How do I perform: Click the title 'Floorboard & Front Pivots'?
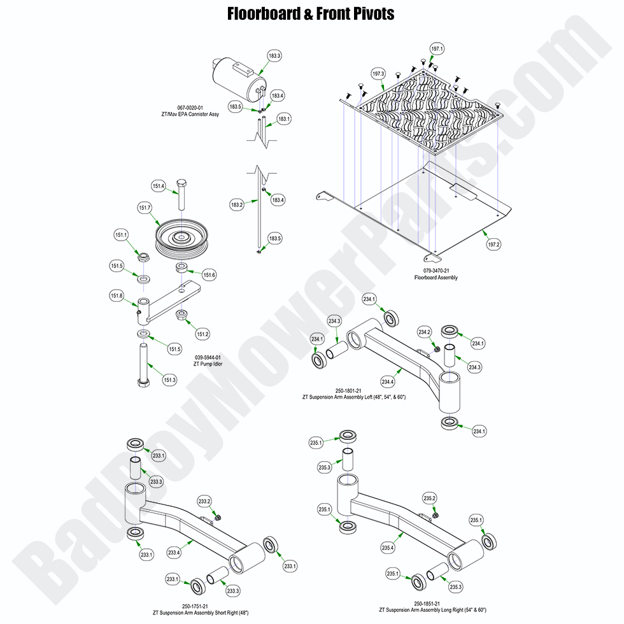[311, 13]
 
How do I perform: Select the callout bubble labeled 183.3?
[274, 57]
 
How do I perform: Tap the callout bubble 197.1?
[437, 49]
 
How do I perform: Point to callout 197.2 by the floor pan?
[493, 244]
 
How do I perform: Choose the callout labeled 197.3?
[378, 73]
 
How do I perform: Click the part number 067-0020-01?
[190, 108]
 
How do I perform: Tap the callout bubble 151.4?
[158, 186]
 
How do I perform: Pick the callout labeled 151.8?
[117, 295]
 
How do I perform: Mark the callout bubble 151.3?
[169, 380]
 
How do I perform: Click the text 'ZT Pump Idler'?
[208, 364]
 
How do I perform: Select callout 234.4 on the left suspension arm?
[387, 381]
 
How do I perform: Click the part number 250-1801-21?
[354, 390]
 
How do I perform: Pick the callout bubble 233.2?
[204, 500]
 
